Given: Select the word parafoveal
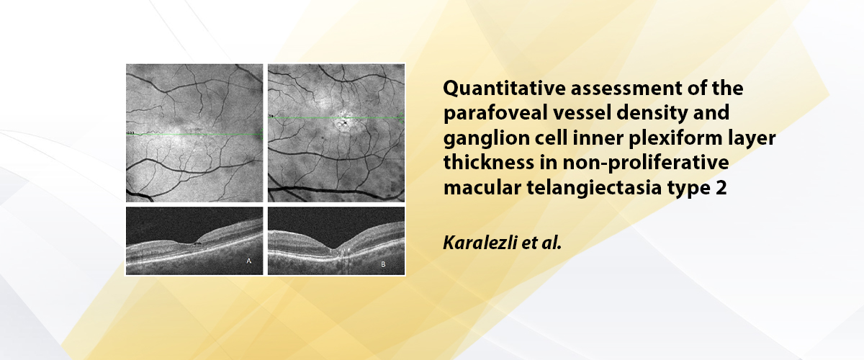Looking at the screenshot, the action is tap(495, 112).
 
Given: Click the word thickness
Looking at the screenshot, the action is tap(489, 163).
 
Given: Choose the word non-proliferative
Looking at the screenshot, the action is tap(646, 163).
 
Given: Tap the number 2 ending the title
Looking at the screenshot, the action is tap(721, 188).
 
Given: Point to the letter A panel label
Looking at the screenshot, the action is tap(249, 261).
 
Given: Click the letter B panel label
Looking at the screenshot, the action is tap(383, 264).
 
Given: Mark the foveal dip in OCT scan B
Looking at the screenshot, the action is tap(333, 248).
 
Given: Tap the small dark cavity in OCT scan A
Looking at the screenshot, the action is tap(197, 244).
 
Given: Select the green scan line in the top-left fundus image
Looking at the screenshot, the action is tap(194, 134).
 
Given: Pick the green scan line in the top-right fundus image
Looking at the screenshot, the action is tap(336, 117).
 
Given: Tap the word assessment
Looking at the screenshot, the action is tap(626, 89).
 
